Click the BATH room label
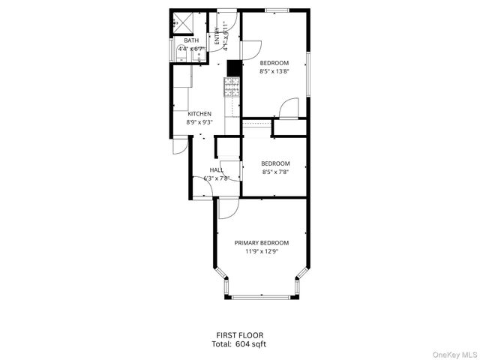[x=181, y=40]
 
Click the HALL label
[x=216, y=170]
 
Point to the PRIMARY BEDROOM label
[x=261, y=243]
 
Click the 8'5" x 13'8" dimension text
[x=274, y=72]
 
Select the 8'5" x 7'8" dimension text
[x=275, y=172]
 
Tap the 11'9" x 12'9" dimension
[x=261, y=252]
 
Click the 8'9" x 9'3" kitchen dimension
[x=199, y=122]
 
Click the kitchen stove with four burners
[x=232, y=88]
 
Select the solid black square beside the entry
[x=232, y=67]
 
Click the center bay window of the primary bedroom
[x=261, y=297]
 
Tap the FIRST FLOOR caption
[x=239, y=335]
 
